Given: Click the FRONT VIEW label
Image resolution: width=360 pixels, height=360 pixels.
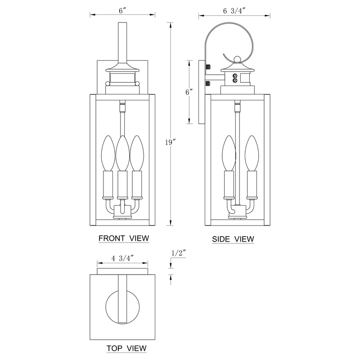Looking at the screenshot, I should point(123,238).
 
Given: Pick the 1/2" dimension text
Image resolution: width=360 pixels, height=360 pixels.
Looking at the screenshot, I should point(179,253).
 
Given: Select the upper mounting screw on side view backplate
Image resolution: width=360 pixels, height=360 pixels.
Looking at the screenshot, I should point(207,67).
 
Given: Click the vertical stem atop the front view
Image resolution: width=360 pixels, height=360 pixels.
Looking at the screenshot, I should point(122,43).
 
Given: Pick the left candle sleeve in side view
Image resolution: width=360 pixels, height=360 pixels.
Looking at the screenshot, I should point(228,184).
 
